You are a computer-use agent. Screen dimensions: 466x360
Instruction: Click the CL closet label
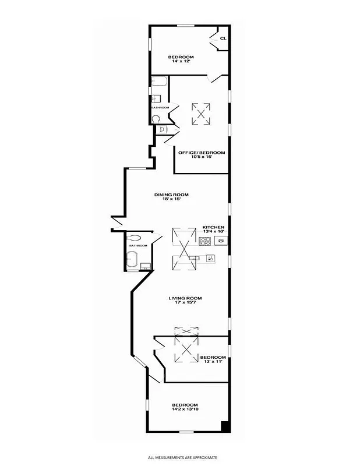coord(223,39)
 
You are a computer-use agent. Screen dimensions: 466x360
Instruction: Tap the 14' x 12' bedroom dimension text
coord(181,62)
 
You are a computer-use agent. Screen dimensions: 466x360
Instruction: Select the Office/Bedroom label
coord(201,153)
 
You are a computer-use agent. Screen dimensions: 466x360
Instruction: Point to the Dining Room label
coord(171,195)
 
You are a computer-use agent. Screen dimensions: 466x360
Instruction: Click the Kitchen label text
coord(213,227)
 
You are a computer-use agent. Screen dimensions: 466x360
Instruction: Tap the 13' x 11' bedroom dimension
coord(213,362)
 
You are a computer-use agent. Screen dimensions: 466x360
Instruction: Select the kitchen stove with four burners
coord(204,241)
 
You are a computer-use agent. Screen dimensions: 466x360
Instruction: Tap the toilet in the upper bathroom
coord(156,118)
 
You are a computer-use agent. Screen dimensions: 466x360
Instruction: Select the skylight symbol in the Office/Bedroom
coord(201,113)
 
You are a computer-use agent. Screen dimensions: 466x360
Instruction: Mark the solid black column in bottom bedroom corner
coord(225,426)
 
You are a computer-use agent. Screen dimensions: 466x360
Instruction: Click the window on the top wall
coord(186,25)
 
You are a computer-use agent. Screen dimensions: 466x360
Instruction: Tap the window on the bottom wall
coord(186,431)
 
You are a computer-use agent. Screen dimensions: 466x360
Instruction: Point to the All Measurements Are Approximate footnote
coord(186,457)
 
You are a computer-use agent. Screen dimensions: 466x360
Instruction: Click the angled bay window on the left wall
coord(140,361)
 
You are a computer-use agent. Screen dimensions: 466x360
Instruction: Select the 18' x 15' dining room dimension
coord(171,199)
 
